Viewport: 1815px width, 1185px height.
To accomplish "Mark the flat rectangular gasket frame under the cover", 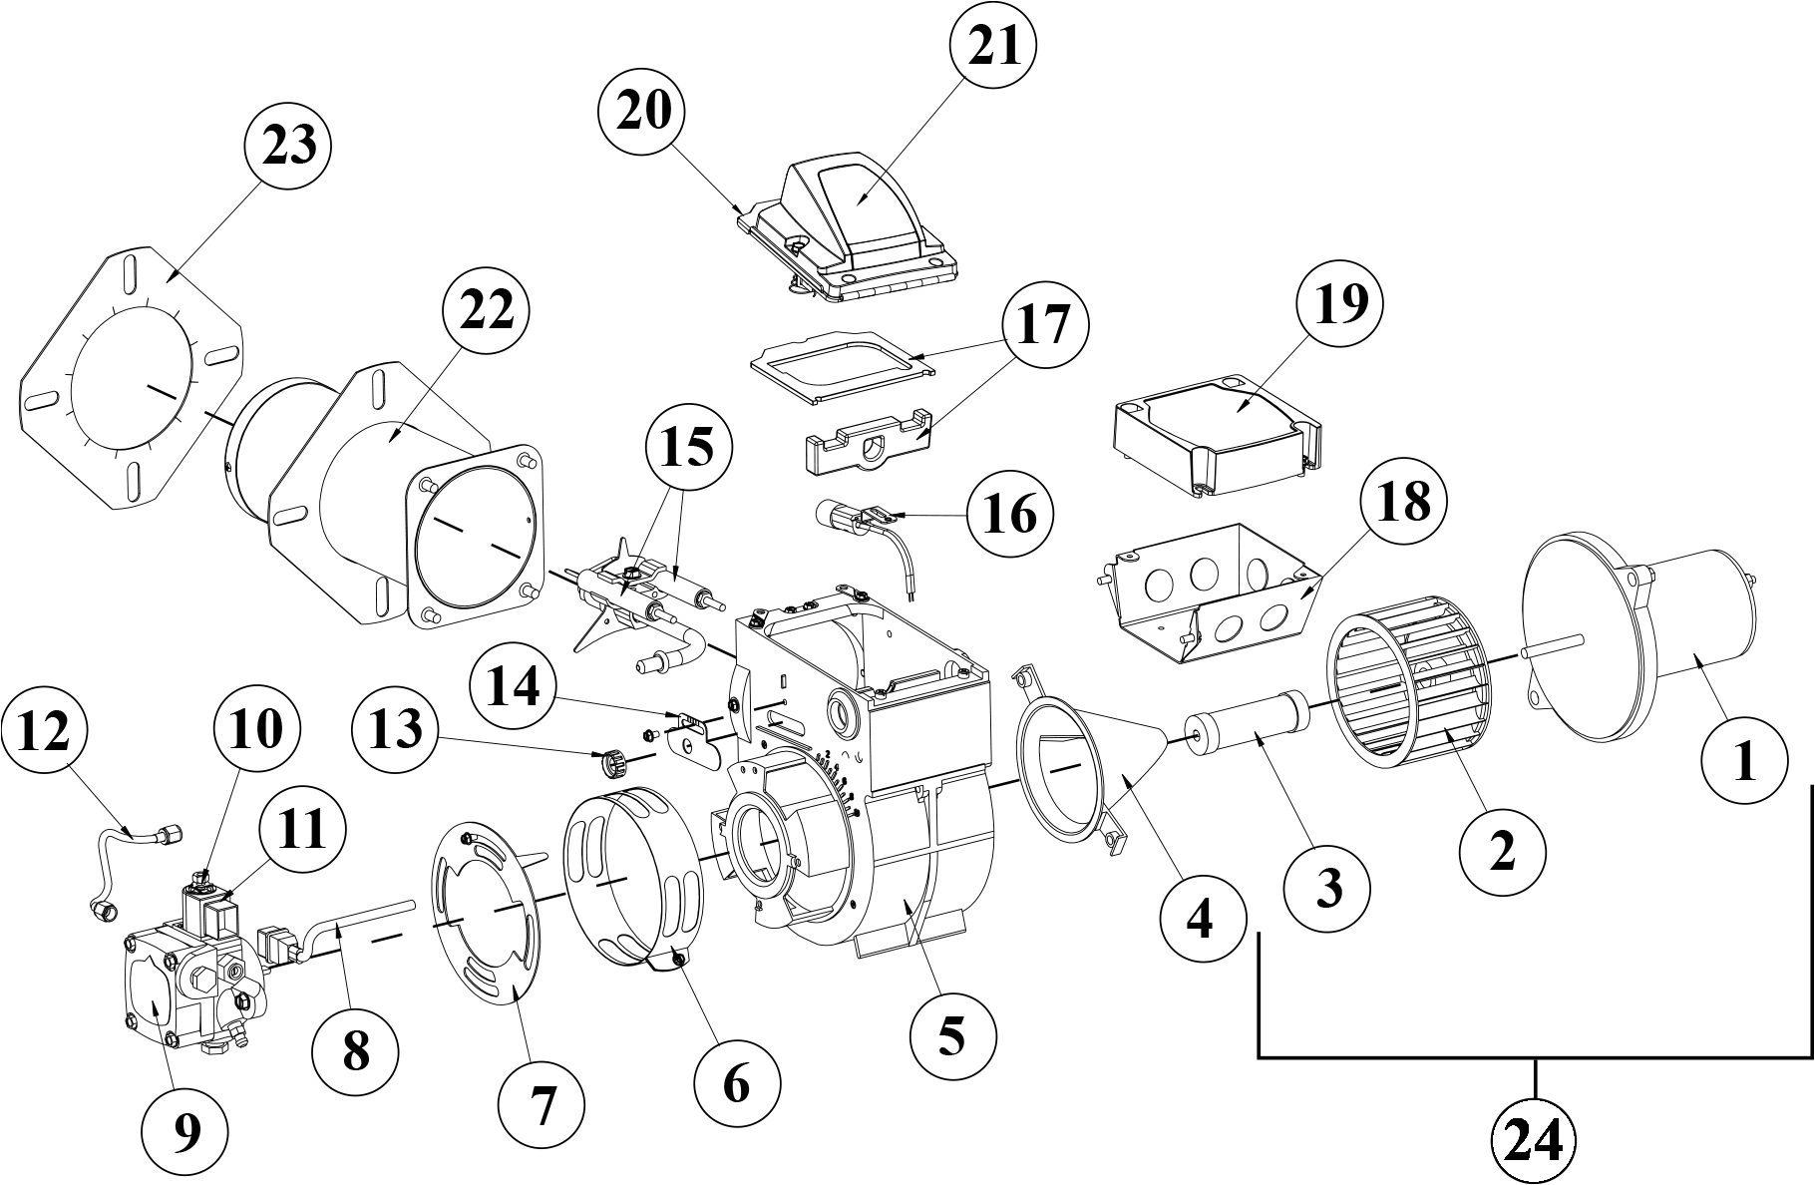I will pos(844,367).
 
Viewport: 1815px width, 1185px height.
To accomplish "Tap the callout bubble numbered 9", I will pos(184,1130).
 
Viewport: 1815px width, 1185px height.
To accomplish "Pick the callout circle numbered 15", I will pos(688,449).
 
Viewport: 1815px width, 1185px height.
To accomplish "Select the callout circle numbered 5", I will pos(952,1037).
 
